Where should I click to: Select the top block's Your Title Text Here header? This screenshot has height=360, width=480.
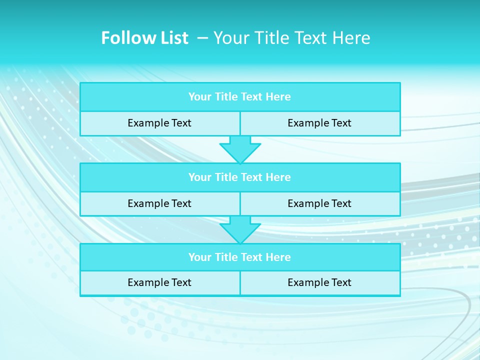pyautogui.click(x=239, y=97)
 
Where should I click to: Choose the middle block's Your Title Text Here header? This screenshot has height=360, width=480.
pyautogui.click(x=239, y=177)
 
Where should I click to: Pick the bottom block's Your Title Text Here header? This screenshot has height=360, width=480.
pyautogui.click(x=239, y=257)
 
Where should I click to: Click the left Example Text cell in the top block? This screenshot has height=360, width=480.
pyautogui.click(x=159, y=123)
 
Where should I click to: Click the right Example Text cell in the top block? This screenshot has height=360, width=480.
pyautogui.click(x=319, y=123)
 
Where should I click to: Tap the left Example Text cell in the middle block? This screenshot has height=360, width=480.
pyautogui.click(x=159, y=204)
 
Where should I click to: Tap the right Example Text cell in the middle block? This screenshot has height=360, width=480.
pyautogui.click(x=319, y=204)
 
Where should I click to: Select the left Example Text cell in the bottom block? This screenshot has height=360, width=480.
pyautogui.click(x=159, y=283)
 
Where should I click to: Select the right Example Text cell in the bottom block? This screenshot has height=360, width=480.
pyautogui.click(x=319, y=283)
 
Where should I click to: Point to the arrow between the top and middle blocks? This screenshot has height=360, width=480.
pyautogui.click(x=240, y=149)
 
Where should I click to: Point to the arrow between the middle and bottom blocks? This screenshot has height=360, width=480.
pyautogui.click(x=240, y=229)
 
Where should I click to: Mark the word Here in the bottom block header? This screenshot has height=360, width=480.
pyautogui.click(x=278, y=257)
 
